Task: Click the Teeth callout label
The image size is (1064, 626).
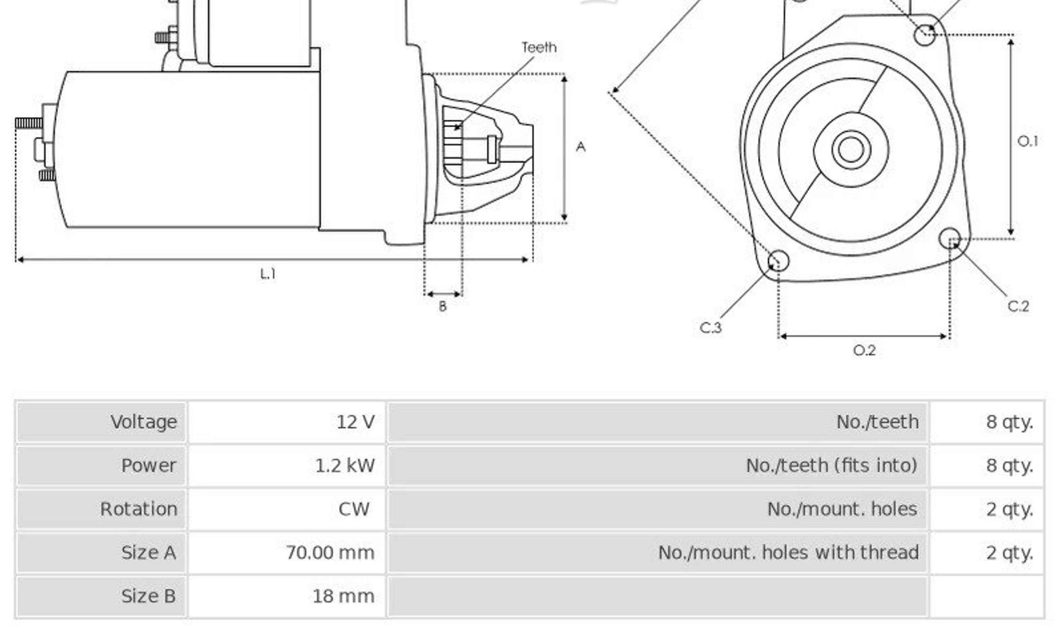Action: (x=539, y=47)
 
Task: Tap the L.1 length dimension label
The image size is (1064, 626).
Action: (x=268, y=274)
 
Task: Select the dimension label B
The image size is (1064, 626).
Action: (x=442, y=307)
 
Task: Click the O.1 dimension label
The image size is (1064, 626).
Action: (x=1027, y=141)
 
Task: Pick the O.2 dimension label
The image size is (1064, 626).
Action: (x=864, y=350)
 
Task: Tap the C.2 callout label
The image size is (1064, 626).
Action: (x=1018, y=306)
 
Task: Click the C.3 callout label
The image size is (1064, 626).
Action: (x=711, y=328)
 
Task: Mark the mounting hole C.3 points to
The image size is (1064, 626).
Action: (x=778, y=260)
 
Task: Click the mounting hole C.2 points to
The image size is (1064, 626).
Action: (x=949, y=238)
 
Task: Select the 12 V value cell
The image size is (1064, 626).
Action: (x=355, y=422)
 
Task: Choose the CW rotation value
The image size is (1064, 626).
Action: (x=354, y=509)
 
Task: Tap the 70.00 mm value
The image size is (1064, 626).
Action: (x=330, y=553)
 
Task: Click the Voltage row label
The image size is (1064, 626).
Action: (x=144, y=422)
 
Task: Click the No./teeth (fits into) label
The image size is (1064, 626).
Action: (x=831, y=466)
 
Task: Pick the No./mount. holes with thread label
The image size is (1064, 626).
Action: (x=788, y=553)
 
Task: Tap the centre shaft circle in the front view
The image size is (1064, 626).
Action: (x=851, y=150)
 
